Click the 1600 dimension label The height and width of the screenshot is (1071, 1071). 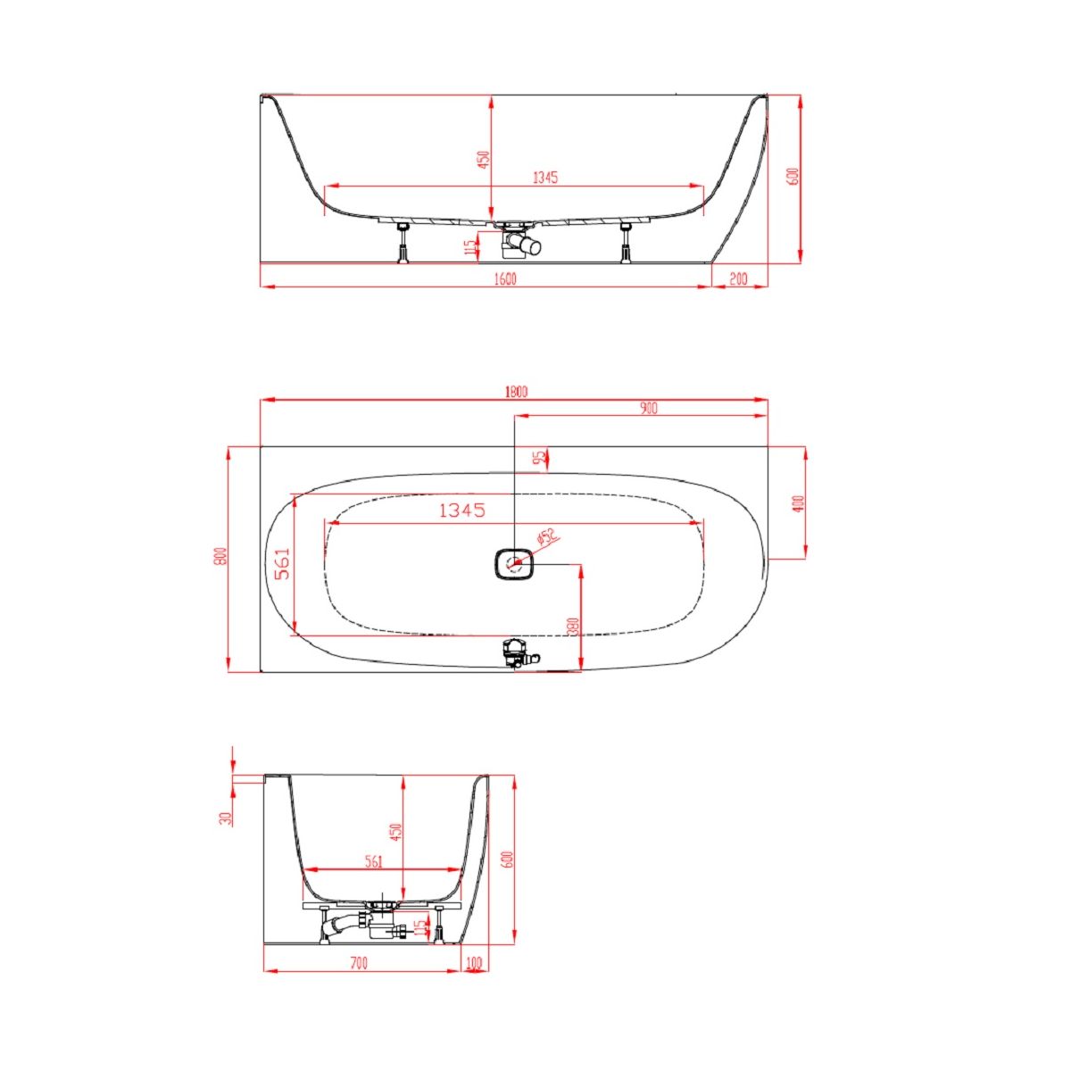coord(506,279)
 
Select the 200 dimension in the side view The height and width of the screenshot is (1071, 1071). coord(738,279)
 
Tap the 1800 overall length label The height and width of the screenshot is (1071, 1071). coord(516,392)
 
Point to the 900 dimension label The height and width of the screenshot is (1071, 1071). coord(648,409)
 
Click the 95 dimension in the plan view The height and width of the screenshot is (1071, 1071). coord(538,458)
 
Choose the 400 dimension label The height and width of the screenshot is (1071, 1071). coord(799,503)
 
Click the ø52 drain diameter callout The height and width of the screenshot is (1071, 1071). coord(547,537)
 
